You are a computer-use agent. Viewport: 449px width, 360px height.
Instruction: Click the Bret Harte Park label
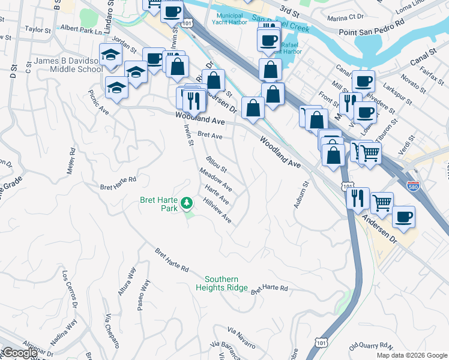click(159, 204)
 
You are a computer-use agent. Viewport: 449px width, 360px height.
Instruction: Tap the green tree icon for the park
click(187, 203)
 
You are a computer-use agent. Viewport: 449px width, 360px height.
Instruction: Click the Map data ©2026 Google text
click(412, 355)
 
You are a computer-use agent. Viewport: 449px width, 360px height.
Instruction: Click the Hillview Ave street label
click(217, 211)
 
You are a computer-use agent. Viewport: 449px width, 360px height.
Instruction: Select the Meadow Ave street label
click(216, 180)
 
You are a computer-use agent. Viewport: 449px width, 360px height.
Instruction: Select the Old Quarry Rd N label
click(370, 346)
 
